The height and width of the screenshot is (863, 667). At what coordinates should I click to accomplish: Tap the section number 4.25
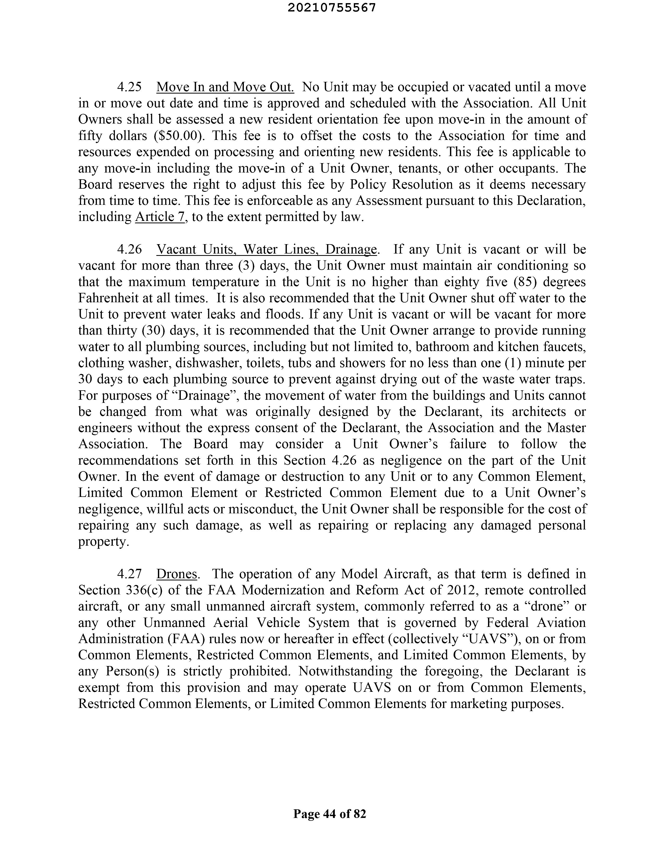pyautogui.click(x=129, y=87)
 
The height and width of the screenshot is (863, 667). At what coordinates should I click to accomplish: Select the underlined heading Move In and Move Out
pyautogui.click(x=225, y=87)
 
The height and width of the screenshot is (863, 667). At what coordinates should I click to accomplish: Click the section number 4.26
pyautogui.click(x=129, y=249)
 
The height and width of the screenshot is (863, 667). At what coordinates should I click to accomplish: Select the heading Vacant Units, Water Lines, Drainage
pyautogui.click(x=267, y=249)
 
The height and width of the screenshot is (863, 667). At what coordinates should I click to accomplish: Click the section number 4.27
pyautogui.click(x=129, y=574)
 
